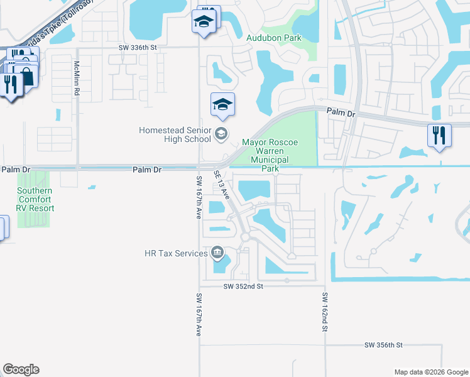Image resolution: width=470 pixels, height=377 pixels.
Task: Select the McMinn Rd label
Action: click(77, 79)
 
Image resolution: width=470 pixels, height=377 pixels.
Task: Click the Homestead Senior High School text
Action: click(175, 134)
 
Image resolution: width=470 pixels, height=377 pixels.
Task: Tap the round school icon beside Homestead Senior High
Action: click(221, 133)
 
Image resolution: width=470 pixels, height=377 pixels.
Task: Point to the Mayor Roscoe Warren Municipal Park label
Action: click(270, 156)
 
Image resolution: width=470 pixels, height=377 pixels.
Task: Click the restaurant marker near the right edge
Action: click(439, 136)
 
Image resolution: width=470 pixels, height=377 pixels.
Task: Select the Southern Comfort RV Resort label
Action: click(35, 199)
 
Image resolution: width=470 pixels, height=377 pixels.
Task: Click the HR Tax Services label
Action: click(176, 253)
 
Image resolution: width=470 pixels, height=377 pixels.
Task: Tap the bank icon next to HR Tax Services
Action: click(217, 253)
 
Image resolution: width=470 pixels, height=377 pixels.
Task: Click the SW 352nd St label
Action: click(243, 286)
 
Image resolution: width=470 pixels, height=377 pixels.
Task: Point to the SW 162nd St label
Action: click(325, 312)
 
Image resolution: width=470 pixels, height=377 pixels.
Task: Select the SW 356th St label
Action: click(383, 346)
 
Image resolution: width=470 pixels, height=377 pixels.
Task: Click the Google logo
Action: click(21, 369)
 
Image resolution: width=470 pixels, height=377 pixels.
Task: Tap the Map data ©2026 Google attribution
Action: click(430, 372)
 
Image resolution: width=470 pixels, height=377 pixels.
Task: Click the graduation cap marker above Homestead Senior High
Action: click(222, 105)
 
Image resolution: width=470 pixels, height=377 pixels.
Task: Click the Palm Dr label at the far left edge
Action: click(16, 170)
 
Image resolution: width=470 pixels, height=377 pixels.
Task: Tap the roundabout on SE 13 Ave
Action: click(245, 236)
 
